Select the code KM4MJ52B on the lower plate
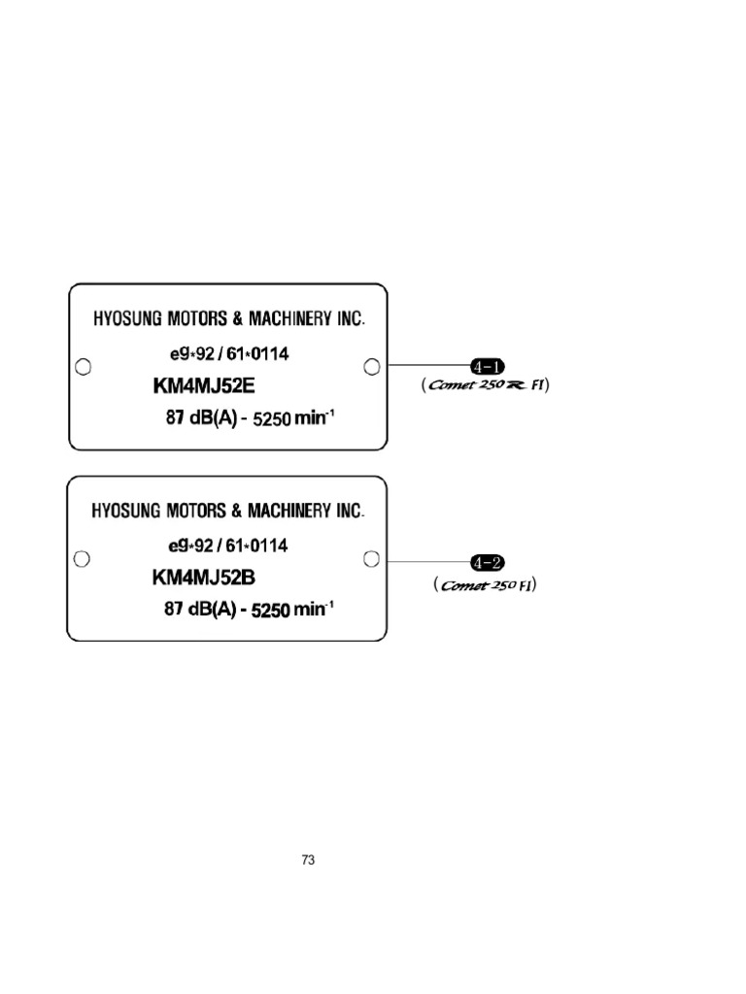click(x=204, y=579)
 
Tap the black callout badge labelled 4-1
click(x=487, y=366)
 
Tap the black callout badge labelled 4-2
click(x=487, y=561)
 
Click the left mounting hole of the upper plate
click(x=84, y=366)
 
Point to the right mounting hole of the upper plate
click(x=371, y=365)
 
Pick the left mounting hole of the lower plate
click(x=84, y=558)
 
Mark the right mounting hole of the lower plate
click(x=371, y=557)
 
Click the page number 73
click(x=309, y=860)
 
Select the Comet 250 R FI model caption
click(x=486, y=385)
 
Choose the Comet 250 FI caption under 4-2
click(x=486, y=585)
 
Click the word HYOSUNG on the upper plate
click(x=125, y=317)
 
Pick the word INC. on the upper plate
click(x=349, y=317)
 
